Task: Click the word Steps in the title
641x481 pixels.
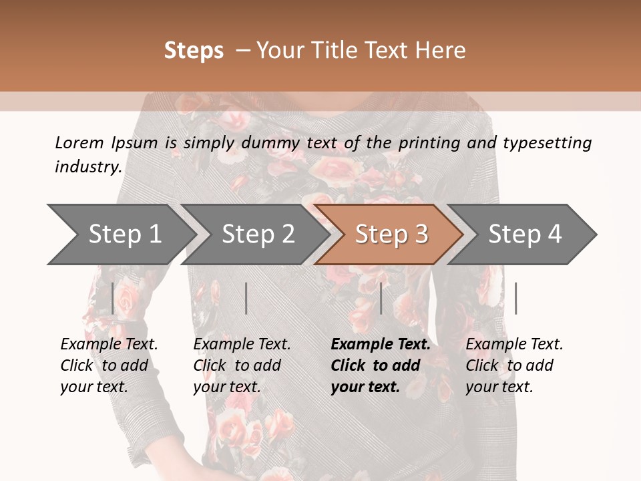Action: pos(194,51)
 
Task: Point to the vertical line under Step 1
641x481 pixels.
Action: pos(113,298)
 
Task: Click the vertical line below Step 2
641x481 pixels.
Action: pos(246,298)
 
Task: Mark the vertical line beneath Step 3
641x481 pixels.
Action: pos(381,298)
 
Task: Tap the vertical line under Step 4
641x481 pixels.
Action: pos(515,298)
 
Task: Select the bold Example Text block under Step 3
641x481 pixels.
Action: pos(381,365)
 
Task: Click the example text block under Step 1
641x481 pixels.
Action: pos(109,365)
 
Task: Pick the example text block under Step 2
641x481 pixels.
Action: pos(242,365)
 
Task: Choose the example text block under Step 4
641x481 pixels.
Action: pos(514,365)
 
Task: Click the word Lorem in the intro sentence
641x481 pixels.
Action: pos(79,142)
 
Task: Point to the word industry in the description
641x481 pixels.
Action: pos(88,167)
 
